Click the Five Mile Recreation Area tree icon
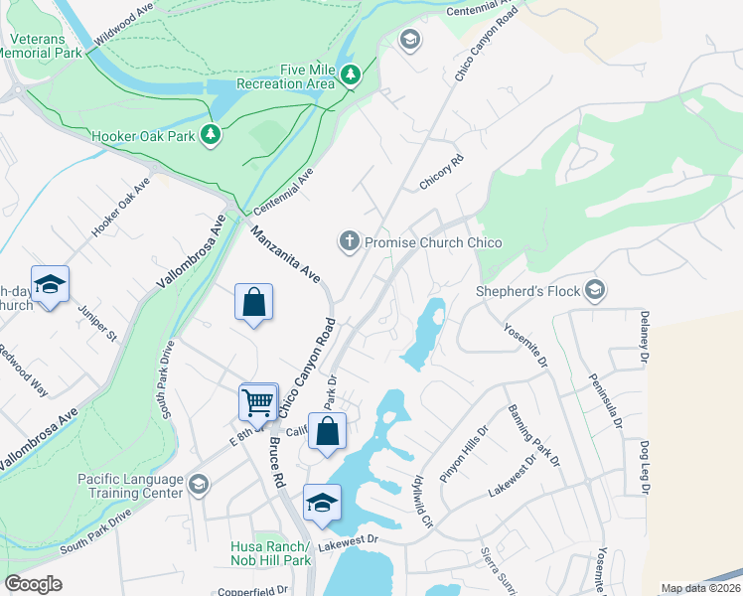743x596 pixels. (x=350, y=75)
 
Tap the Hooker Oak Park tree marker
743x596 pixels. (x=210, y=134)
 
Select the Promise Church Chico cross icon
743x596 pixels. (x=349, y=241)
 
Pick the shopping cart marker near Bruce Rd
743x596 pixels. (x=257, y=401)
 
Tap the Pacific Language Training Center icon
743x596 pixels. (x=198, y=485)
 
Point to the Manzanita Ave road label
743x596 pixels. (x=285, y=253)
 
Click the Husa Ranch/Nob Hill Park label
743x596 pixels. (x=271, y=553)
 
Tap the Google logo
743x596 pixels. (x=33, y=584)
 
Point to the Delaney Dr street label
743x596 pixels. (x=644, y=338)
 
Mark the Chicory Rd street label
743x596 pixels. (x=442, y=167)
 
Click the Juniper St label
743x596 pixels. (x=97, y=321)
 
